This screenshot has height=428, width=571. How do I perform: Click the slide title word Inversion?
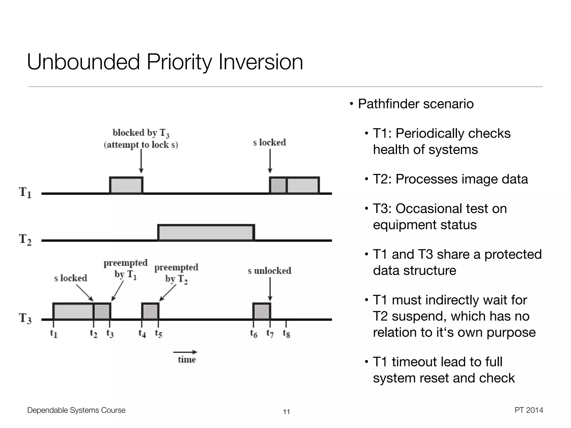pos(261,62)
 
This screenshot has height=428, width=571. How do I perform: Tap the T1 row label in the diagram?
pos(25,192)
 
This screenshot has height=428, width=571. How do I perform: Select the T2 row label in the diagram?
pos(25,239)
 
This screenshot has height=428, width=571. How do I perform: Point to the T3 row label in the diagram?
pos(25,318)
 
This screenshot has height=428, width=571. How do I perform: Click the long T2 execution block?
pos(206,232)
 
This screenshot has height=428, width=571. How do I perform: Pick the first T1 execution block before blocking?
pos(126,185)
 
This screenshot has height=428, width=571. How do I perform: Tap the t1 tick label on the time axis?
pos(54,333)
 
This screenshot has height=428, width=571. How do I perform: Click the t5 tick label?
pos(158,333)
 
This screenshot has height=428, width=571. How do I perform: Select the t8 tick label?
pos(286,333)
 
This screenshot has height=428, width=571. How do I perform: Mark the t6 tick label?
pos(253,333)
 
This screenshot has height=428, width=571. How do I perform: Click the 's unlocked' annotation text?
pos(269,271)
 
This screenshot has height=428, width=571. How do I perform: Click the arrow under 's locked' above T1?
pos(270,161)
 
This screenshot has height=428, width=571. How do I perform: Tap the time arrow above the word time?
pos(185,352)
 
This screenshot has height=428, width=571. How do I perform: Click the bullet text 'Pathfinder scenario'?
pos(416,104)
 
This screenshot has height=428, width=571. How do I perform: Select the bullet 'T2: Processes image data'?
pos(450,179)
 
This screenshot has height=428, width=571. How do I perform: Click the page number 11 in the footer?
pos(286,412)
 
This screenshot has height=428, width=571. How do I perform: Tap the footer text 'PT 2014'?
pos(529,410)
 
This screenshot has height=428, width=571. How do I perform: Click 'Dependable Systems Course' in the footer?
pos(76,410)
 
